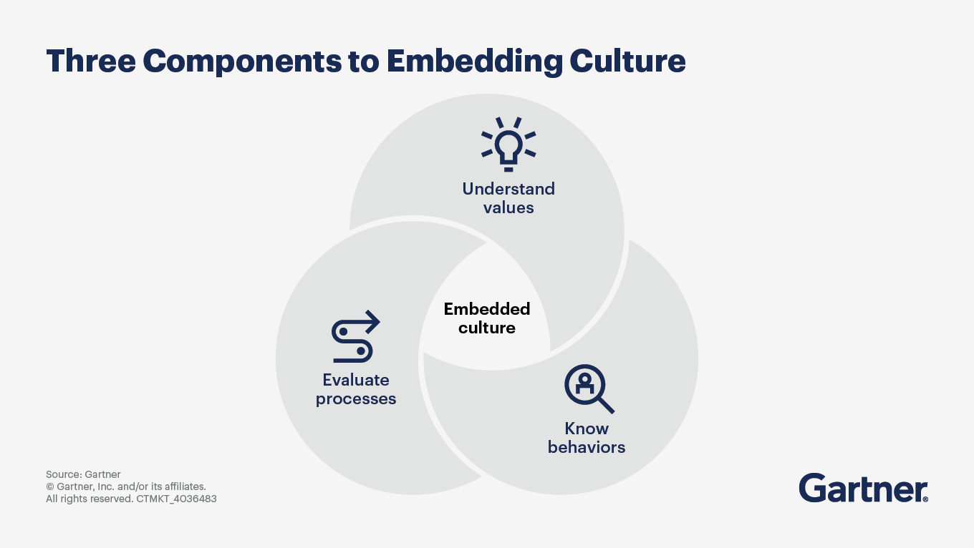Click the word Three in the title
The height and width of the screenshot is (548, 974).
[91, 62]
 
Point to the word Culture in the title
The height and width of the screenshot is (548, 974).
[627, 62]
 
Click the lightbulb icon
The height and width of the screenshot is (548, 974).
[508, 144]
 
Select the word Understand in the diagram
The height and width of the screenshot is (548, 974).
[508, 189]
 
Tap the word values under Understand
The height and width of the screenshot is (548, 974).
[508, 207]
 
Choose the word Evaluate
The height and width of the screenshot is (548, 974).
[356, 380]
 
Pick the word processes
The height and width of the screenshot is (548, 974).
[356, 398]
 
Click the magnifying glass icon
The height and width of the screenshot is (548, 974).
[589, 388]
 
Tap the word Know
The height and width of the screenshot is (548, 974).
[587, 429]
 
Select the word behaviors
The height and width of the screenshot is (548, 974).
[587, 447]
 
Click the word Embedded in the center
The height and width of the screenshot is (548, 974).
[487, 309]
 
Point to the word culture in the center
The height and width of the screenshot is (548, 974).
[487, 328]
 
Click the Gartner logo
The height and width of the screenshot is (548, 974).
[863, 488]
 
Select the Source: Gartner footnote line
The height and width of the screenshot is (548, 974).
[83, 474]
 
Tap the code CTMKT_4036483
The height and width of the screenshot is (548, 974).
[176, 499]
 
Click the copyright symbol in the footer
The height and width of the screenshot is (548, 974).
[50, 486]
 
